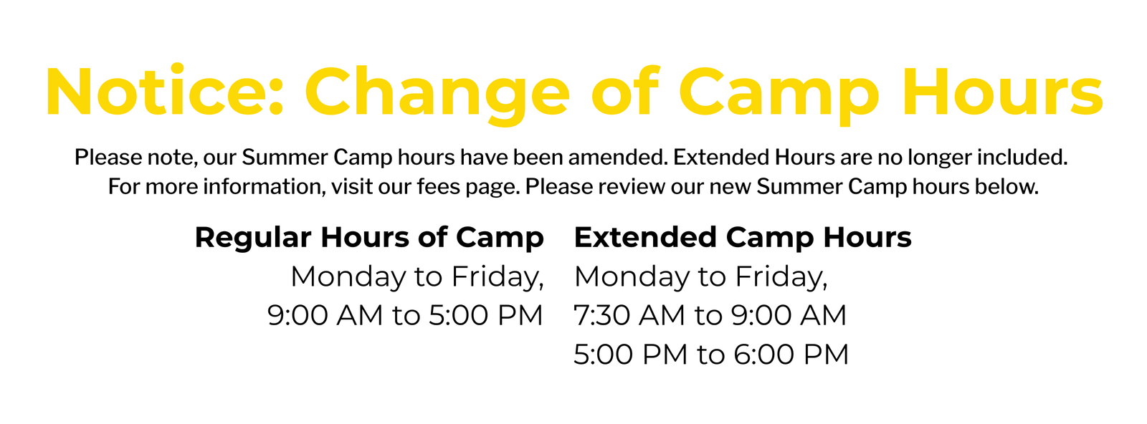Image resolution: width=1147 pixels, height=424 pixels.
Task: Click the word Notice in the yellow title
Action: click(x=164, y=91)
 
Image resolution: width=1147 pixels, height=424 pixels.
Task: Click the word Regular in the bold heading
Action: click(x=254, y=239)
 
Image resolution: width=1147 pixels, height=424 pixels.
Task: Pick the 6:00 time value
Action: click(x=763, y=355)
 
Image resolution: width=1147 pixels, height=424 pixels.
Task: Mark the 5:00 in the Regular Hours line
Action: click(x=458, y=315)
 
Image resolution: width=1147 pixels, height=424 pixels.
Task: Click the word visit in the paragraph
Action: click(x=352, y=187)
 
